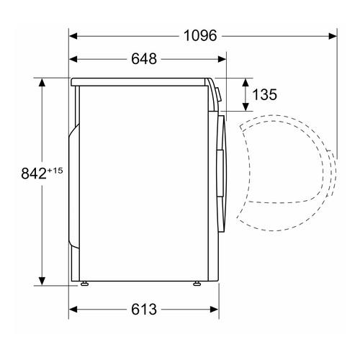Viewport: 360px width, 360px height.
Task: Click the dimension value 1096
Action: click(200, 35)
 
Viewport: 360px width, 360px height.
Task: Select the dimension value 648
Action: click(144, 58)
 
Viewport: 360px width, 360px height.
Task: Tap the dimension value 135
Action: click(265, 94)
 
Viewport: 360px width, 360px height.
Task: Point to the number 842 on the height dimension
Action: click(34, 174)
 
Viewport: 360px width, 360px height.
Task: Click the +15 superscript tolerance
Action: click(55, 171)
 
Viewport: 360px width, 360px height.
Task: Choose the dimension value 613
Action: click(144, 309)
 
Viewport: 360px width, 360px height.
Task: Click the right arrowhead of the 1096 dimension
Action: click(333, 36)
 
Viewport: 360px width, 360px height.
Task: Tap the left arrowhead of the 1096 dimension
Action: click(73, 36)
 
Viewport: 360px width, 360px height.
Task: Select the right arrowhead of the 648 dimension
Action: click(222, 59)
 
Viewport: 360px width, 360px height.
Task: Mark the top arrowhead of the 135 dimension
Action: click(246, 83)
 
